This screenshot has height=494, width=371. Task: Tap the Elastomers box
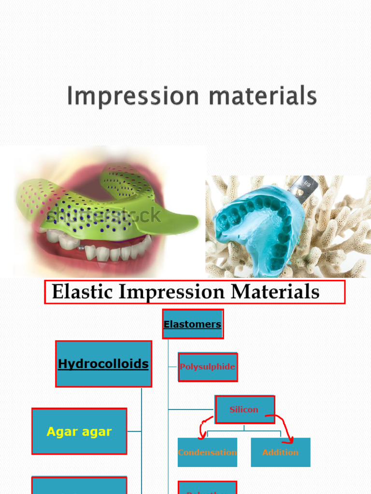tap(193, 324)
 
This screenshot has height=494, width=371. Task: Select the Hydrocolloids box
tap(103, 364)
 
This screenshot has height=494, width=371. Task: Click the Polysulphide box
tap(208, 367)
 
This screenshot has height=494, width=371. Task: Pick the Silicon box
tap(244, 410)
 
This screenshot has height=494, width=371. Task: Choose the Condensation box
tap(207, 453)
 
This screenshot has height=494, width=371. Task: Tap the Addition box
tap(280, 453)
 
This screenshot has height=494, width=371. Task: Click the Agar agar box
tap(79, 431)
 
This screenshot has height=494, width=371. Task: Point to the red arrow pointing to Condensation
tap(203, 426)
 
